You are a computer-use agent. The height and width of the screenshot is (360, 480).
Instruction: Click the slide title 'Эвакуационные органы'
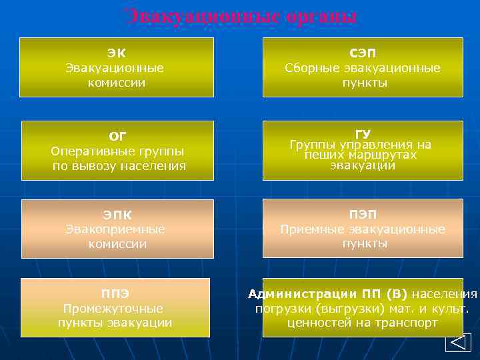pyautogui.click(x=241, y=16)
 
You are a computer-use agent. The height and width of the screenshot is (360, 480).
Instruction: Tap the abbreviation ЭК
pyautogui.click(x=117, y=52)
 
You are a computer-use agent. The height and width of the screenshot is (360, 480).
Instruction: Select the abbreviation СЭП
pyautogui.click(x=363, y=52)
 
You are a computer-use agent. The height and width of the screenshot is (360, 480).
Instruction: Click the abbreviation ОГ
pyautogui.click(x=117, y=136)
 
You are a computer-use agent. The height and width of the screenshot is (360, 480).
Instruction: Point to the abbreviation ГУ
pyautogui.click(x=363, y=133)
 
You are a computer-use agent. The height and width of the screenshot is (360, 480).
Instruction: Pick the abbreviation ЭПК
pyautogui.click(x=117, y=214)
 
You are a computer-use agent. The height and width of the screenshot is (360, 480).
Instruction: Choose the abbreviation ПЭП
pyautogui.click(x=363, y=214)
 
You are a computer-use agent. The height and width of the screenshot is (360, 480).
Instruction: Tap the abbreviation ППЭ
pyautogui.click(x=115, y=293)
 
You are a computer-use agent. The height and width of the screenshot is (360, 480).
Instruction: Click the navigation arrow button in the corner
pyautogui.click(x=457, y=343)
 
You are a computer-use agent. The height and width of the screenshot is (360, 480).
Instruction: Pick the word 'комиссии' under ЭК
pyautogui.click(x=117, y=83)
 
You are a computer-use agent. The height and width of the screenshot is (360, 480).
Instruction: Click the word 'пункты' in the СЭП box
pyautogui.click(x=365, y=83)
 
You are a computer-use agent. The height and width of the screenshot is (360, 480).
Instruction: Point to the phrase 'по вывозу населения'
pyautogui.click(x=119, y=165)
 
